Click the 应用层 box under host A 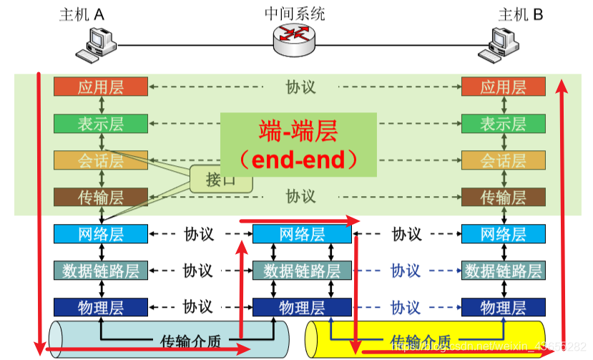click(100, 87)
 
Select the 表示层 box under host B click(503, 123)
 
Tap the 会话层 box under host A click(100, 160)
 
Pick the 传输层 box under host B click(503, 197)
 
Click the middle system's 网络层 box click(302, 234)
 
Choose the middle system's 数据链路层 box click(302, 271)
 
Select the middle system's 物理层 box click(302, 308)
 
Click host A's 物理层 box click(100, 308)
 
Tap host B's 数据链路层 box click(503, 271)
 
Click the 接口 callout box click(221, 179)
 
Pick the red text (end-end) click(298, 158)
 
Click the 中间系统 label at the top click(294, 13)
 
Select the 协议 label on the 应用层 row click(300, 87)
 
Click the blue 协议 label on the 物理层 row click(405, 308)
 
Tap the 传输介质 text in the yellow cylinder click(421, 341)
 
